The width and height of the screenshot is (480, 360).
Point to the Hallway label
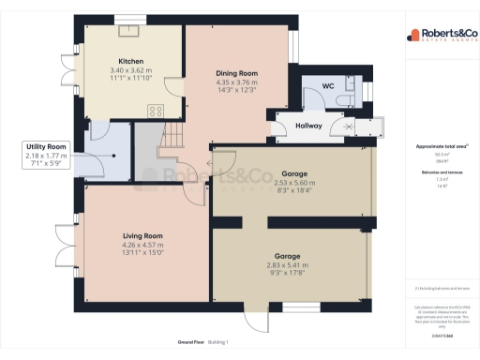tap(309, 125)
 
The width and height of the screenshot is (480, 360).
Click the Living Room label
tap(142, 236)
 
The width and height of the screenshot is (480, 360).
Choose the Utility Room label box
tap(46, 154)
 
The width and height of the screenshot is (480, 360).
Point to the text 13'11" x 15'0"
tap(142, 252)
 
